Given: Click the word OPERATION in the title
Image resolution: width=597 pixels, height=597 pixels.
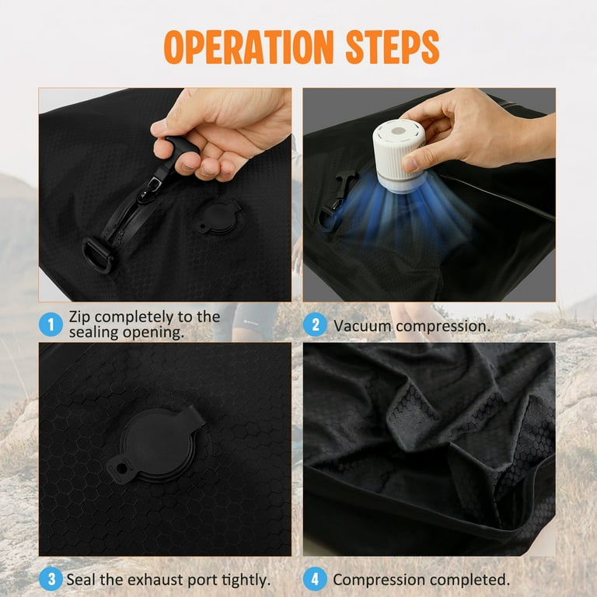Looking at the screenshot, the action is tap(249, 47).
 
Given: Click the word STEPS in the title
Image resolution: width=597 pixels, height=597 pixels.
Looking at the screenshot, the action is tap(393, 47).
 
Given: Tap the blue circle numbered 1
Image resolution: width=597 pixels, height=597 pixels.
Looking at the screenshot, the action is tap(51, 324).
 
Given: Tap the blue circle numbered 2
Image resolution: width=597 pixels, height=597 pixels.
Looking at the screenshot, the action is tap(316, 324).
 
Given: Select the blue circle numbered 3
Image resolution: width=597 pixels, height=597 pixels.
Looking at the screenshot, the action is tap(51, 579).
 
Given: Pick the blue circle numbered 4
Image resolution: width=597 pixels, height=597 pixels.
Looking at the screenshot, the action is tap(316, 579).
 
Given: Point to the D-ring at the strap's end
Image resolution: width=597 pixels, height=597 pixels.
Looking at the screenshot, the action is tap(97, 254).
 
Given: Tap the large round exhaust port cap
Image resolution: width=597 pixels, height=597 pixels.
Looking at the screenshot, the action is tap(158, 445).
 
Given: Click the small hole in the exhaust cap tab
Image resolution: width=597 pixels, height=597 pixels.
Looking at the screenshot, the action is tap(121, 468).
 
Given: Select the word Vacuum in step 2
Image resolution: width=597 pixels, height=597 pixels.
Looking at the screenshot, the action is tap(362, 326).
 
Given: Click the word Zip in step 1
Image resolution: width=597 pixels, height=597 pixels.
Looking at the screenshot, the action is tap(79, 317).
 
